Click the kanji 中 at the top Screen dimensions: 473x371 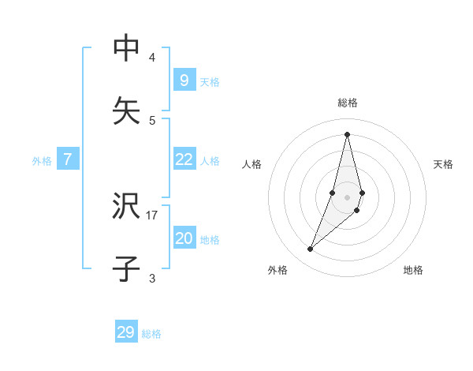pyautogui.click(x=127, y=49)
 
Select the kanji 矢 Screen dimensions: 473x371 pyautogui.click(x=127, y=111)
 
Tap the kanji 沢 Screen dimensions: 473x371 pyautogui.click(x=127, y=207)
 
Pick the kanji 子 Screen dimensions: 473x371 pyautogui.click(x=127, y=269)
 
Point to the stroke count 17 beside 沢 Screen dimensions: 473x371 pyautogui.click(x=152, y=215)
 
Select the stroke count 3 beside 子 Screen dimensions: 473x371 pyautogui.click(x=152, y=278)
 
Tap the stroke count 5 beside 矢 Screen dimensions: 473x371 pyautogui.click(x=152, y=120)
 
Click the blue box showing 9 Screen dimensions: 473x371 pyautogui.click(x=184, y=80)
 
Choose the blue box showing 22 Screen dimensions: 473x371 pyautogui.click(x=184, y=159)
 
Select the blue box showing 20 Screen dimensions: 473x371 pyautogui.click(x=184, y=238)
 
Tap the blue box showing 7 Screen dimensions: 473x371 pyautogui.click(x=68, y=159)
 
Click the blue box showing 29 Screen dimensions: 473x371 pyautogui.click(x=126, y=332)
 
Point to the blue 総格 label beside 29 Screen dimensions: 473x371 pyautogui.click(x=151, y=334)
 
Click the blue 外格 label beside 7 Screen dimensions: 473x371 pyautogui.click(x=42, y=161)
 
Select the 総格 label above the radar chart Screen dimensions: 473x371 pyautogui.click(x=348, y=103)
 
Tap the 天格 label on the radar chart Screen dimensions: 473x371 pyautogui.click(x=444, y=164)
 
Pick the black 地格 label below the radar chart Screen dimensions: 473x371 pyautogui.click(x=413, y=270)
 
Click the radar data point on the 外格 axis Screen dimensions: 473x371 pyautogui.click(x=311, y=249)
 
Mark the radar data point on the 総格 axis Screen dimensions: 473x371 pyautogui.click(x=347, y=134)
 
